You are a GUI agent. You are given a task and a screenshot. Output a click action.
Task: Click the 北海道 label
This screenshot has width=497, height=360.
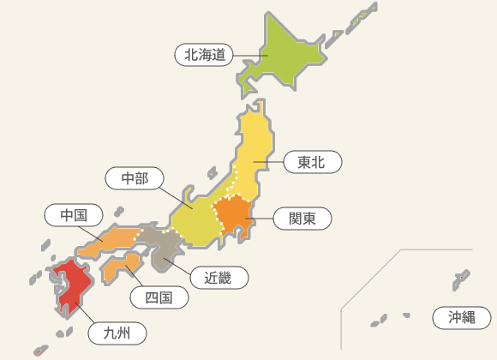coord(205,55)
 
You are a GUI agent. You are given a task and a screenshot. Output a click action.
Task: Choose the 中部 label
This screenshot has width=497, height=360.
coord(135,178)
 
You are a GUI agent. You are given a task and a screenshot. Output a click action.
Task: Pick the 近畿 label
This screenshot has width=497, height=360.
coord(219,277)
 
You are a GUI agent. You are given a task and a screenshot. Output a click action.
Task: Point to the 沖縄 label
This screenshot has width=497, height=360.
coord(461,317)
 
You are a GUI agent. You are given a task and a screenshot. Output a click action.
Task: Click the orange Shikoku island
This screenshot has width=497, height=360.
coord(120,267)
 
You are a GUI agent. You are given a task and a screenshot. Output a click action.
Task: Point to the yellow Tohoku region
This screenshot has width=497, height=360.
coord(255,150)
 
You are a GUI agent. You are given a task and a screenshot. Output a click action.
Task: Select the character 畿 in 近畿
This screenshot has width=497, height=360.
coord(226,277)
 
